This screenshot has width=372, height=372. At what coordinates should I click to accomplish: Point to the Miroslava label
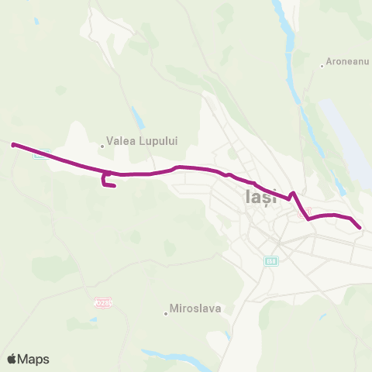pos(195,308)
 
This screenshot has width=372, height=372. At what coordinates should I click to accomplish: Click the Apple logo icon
pos(12,359)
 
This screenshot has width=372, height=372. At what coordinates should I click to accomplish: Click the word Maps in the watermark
pos(34,359)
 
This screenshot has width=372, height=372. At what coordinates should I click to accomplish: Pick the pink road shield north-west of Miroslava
pos(102,301)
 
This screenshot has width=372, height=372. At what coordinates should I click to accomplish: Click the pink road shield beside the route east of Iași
pos(305,211)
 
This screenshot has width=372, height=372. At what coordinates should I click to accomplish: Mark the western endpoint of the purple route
pos(13,144)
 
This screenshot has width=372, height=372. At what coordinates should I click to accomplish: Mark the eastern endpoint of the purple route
pos(360,226)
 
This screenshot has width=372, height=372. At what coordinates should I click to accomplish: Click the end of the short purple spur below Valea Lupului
pos(115,186)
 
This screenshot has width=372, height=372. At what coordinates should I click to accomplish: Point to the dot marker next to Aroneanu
pos(322,65)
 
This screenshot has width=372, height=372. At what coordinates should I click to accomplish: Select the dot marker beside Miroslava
pos(166,313)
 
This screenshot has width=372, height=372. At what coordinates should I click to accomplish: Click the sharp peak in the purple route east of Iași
pos(293,193)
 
